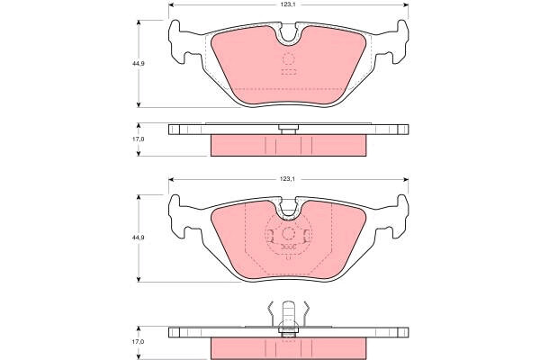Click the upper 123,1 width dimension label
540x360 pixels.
[x=287, y=5]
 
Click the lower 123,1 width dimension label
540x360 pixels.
[x=287, y=180]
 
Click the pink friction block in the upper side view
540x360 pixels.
[x=289, y=144]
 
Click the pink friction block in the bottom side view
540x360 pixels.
[x=289, y=347]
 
